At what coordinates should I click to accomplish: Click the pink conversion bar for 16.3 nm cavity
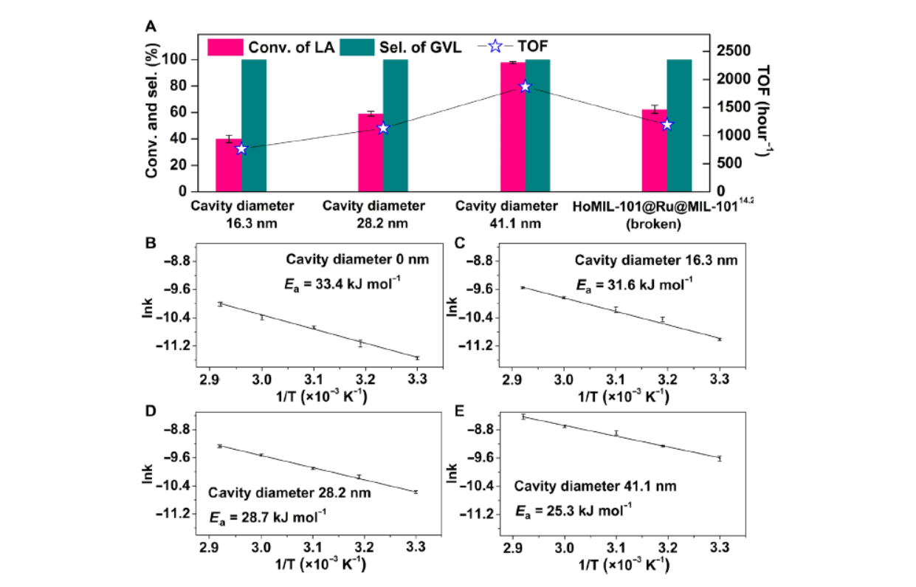click(227, 165)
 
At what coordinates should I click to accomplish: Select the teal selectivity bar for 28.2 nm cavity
click(396, 126)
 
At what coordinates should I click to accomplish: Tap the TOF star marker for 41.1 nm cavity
click(526, 87)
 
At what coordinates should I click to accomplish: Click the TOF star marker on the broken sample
click(667, 125)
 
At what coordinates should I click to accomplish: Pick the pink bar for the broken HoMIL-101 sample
click(654, 151)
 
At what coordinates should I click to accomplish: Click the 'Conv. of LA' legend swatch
click(221, 48)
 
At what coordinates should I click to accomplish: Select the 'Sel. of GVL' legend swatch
click(362, 48)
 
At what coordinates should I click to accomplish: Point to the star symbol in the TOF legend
click(495, 47)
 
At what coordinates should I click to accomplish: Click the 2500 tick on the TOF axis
click(733, 51)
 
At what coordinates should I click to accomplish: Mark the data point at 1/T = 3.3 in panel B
click(417, 358)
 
